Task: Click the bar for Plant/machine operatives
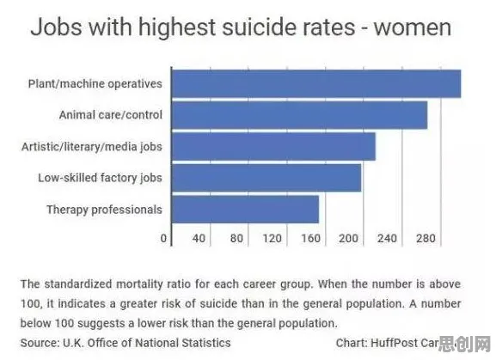(316, 83)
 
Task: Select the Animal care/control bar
(299, 115)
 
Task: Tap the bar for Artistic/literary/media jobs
(273, 147)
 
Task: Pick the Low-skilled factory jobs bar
(266, 178)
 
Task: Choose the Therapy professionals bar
(246, 210)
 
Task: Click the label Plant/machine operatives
(95, 84)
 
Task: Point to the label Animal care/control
(111, 115)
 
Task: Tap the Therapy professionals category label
(104, 210)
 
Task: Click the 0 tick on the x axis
(163, 238)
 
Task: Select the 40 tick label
(199, 238)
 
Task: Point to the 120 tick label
(272, 238)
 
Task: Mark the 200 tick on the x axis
(349, 238)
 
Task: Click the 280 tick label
(426, 238)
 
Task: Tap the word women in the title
(413, 28)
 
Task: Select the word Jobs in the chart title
(57, 27)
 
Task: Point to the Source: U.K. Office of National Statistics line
(126, 343)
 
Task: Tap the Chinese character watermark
(464, 344)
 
